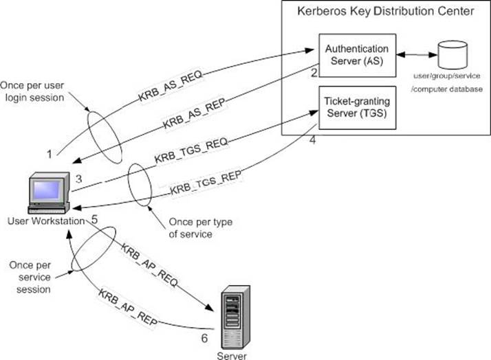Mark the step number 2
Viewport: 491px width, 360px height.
pos(313,73)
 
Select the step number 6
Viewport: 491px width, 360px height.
pos(204,338)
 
